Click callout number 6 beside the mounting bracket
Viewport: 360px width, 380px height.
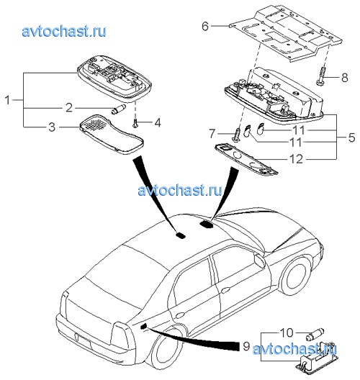click(x=205, y=26)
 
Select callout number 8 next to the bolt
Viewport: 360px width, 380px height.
click(x=344, y=78)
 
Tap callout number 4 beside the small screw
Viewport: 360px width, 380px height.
click(x=158, y=122)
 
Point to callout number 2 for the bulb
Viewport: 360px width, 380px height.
click(x=69, y=107)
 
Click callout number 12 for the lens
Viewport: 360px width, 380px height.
click(x=296, y=159)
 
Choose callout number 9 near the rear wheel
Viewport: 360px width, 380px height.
click(x=246, y=346)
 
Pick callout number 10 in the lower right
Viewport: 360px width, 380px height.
click(x=287, y=332)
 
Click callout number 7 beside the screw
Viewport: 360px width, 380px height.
click(x=212, y=134)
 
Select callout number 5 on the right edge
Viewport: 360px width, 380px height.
click(x=351, y=137)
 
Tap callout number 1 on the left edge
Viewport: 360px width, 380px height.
click(x=8, y=100)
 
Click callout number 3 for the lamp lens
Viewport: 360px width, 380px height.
click(x=52, y=127)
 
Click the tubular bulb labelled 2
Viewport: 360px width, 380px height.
click(x=118, y=109)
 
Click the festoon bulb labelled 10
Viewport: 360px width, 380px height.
click(x=315, y=333)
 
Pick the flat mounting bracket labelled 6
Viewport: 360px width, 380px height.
click(x=286, y=33)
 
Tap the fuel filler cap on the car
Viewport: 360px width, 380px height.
click(x=260, y=260)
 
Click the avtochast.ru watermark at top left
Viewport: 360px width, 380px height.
click(x=64, y=32)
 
